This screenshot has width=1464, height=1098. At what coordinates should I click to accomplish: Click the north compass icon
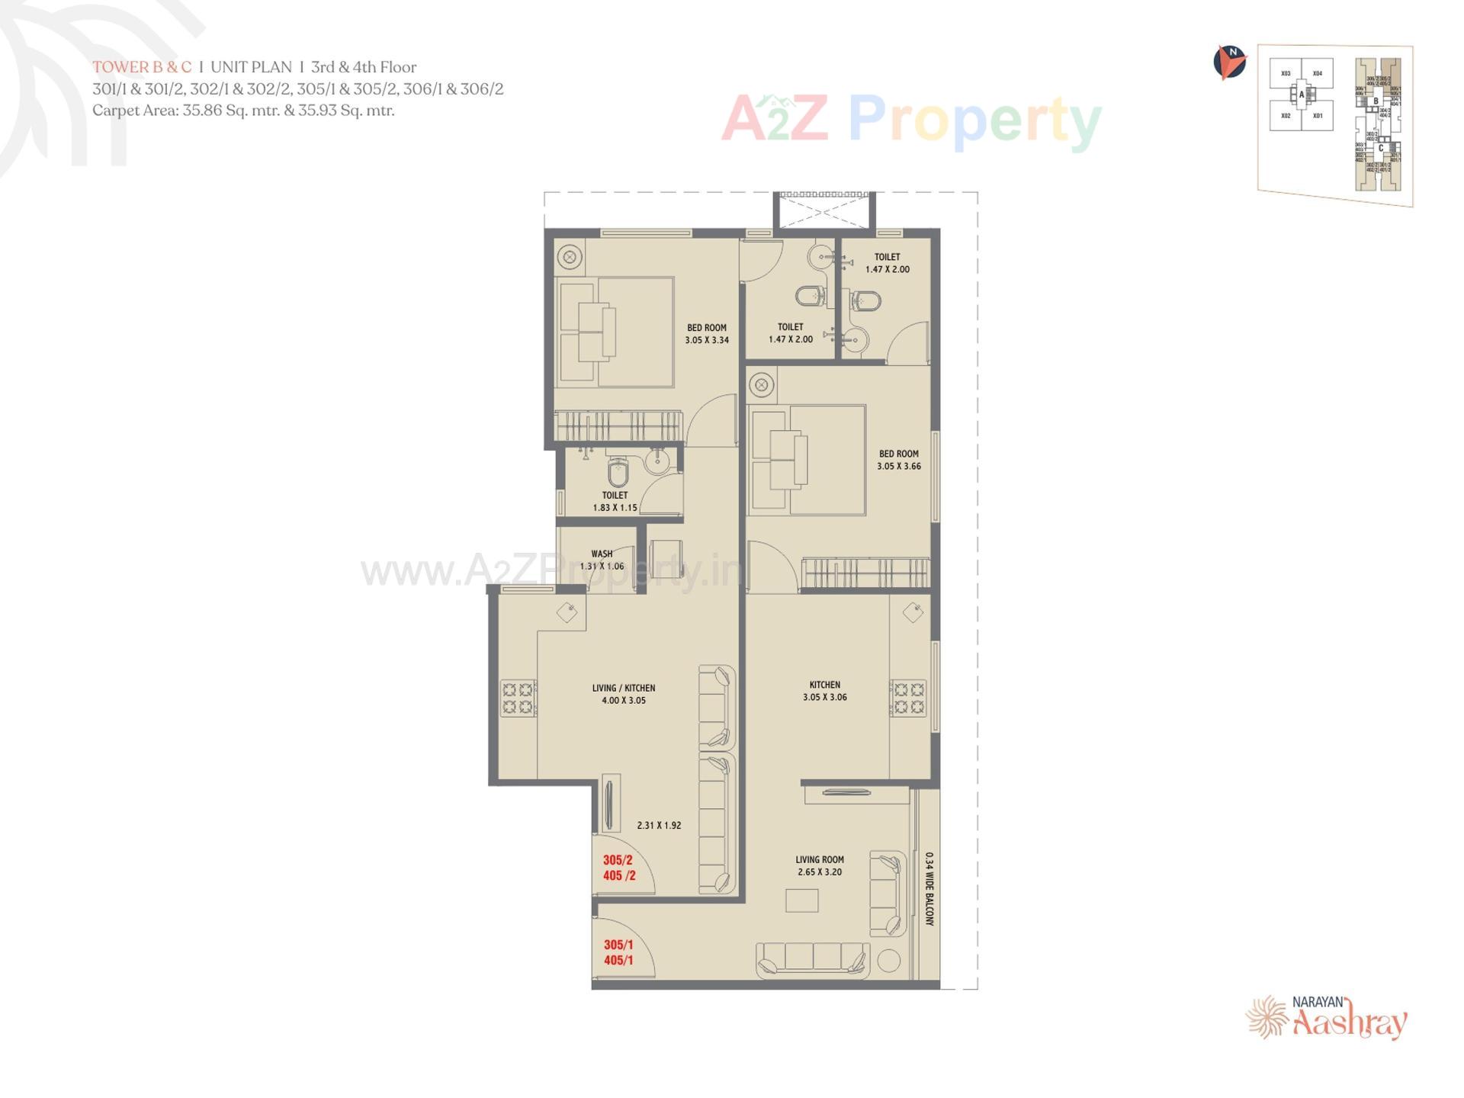[x=1229, y=63]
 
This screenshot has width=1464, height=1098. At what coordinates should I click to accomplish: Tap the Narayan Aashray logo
[x=1328, y=1018]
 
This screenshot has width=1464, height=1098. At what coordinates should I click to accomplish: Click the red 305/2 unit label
[x=618, y=860]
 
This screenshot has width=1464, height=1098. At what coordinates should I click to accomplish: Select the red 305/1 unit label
[x=618, y=945]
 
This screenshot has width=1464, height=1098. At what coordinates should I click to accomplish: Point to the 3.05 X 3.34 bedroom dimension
[x=706, y=340]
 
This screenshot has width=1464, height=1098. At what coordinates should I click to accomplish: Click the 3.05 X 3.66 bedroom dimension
[x=898, y=466]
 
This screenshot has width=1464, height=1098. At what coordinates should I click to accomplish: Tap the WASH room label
[x=602, y=554]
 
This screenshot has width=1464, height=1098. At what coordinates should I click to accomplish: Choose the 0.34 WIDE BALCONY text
[x=929, y=888]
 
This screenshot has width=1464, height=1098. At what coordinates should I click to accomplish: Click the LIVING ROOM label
[x=820, y=859]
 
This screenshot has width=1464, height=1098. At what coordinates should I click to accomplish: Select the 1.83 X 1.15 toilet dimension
[x=615, y=508]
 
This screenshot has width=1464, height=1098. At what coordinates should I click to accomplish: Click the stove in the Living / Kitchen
[x=518, y=698]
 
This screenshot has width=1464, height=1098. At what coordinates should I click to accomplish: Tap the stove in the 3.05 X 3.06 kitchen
[x=908, y=698]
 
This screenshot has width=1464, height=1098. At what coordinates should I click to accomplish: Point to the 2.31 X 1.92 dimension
[x=659, y=825]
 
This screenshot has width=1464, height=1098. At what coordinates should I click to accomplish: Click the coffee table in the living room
[x=801, y=901]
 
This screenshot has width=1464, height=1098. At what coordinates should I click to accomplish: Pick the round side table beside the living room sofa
[x=888, y=961]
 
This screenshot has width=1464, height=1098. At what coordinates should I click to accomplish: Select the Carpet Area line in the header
[x=243, y=111]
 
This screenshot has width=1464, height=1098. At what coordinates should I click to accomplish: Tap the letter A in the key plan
[x=1302, y=95]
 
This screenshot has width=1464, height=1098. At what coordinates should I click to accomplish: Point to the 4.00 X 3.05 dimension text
[x=623, y=700]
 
